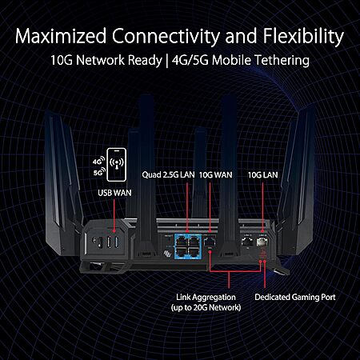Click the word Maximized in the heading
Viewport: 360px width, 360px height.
pos(61,36)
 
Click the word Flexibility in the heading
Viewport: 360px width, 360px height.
pos(303,37)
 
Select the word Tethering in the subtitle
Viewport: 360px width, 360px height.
pos(282,60)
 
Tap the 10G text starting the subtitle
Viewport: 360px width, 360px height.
pos(62,60)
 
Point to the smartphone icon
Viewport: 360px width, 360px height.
pos(117,165)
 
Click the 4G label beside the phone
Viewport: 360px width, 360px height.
pos(98,161)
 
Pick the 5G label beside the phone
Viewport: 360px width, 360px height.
pos(99,172)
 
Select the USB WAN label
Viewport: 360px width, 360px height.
pos(114,193)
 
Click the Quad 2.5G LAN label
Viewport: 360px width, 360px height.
pos(168,175)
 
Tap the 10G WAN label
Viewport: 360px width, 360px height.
pos(216,175)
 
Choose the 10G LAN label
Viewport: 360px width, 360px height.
pos(263,175)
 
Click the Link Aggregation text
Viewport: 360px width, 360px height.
pos(206,298)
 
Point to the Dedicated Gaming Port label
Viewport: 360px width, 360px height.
pos(295,297)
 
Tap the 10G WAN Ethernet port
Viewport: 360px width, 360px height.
pos(210,242)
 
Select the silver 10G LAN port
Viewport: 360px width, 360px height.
pos(262,242)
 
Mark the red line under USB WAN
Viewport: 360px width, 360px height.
pos(114,215)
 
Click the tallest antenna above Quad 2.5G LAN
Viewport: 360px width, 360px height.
pos(146,174)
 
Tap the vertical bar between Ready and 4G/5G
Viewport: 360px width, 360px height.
pos(167,61)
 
